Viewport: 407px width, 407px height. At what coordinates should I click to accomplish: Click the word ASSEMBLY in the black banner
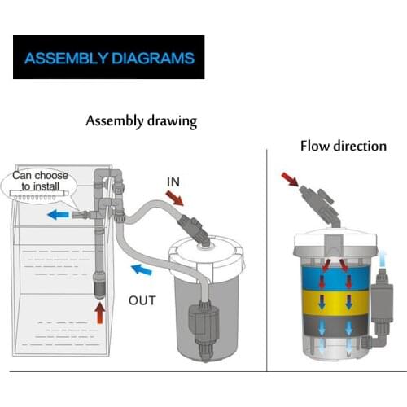tap(66, 59)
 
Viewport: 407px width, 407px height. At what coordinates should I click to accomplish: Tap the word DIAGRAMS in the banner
tap(153, 59)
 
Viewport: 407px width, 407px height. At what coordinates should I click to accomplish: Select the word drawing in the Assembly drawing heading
tap(172, 121)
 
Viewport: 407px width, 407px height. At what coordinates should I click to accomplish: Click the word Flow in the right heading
tap(315, 146)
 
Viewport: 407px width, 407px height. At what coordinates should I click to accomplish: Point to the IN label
tap(173, 182)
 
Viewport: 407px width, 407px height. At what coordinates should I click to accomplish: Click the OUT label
tap(142, 300)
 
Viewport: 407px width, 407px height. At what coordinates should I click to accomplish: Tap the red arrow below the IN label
tap(174, 198)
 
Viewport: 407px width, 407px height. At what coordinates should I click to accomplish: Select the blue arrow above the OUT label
tap(142, 269)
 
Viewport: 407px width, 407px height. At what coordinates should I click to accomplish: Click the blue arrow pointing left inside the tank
tap(58, 215)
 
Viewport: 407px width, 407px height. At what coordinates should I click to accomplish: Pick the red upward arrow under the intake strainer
tap(100, 313)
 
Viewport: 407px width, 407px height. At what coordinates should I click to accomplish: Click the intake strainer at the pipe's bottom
tap(99, 287)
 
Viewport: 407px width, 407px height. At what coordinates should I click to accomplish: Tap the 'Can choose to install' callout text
tap(40, 181)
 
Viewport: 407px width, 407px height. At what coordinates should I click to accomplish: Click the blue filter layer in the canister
tap(335, 278)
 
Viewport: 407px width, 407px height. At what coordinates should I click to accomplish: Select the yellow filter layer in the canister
tap(335, 303)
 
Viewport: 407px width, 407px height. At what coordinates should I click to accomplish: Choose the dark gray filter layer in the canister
tap(335, 326)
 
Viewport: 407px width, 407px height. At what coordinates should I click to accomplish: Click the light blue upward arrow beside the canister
tap(383, 260)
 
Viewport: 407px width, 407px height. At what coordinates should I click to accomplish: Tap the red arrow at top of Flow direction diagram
tap(290, 179)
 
